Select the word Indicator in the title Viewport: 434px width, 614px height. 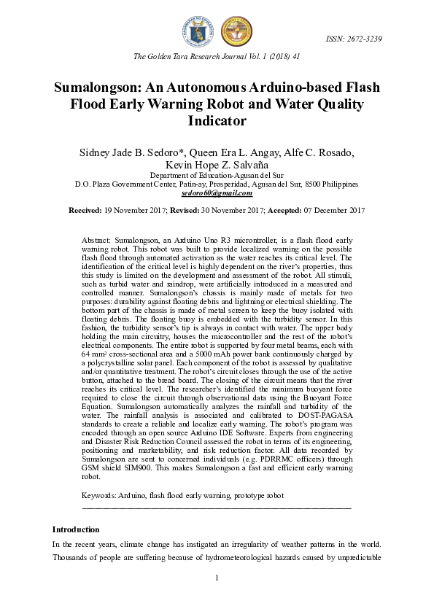(x=217, y=121)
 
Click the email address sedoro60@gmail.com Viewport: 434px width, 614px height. (x=217, y=193)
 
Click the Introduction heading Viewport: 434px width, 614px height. (x=76, y=529)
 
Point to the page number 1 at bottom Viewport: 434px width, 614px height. (x=217, y=578)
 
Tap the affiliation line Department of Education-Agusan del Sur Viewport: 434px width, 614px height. (x=217, y=176)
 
